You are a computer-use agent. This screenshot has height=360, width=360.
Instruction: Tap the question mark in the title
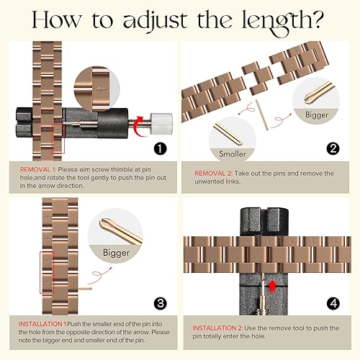pos(317,20)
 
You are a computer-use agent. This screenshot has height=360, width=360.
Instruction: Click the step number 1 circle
pos(160,149)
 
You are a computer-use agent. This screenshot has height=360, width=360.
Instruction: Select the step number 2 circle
pos(333,149)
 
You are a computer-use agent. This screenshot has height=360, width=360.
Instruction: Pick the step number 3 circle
pos(160,303)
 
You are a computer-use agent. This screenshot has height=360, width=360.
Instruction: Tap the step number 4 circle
pos(333,303)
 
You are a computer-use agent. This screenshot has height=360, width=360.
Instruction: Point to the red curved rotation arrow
pos(140,126)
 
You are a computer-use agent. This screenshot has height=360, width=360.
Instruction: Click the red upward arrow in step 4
pos(272,286)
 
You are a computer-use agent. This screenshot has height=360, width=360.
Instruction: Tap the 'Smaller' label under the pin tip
pos(233,154)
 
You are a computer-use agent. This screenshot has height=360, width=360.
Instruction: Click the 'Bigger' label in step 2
pos(317,115)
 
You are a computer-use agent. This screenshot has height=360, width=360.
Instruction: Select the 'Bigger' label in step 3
pos(116,253)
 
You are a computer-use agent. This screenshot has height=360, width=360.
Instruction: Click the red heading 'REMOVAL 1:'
pos(37,170)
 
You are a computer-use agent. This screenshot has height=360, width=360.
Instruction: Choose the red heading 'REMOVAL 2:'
pos(213,174)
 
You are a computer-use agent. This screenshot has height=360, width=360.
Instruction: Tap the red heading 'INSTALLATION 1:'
pos(42,324)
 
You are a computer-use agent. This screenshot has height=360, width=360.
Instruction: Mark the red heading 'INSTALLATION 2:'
pos(217,328)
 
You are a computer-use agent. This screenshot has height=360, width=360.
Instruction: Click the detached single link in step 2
pos(257,78)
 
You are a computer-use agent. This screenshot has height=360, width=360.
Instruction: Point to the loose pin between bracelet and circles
pos(262,115)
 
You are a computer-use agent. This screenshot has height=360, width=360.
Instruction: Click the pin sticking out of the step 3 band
pos(85,289)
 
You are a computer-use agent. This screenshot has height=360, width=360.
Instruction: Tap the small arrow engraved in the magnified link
pos(102,89)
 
